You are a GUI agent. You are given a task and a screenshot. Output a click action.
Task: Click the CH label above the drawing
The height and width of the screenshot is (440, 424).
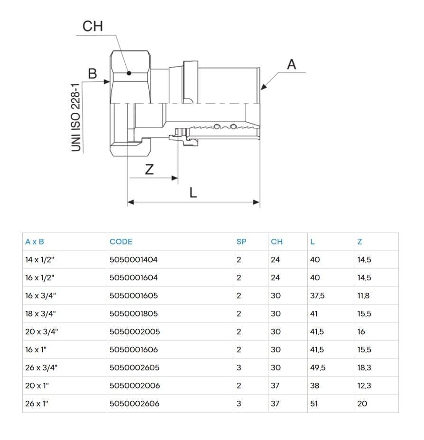pos(92,27)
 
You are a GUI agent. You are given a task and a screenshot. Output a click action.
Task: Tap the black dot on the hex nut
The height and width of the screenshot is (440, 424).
pos(129,73)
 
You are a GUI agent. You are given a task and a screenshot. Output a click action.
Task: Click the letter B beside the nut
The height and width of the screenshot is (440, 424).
pos(92,73)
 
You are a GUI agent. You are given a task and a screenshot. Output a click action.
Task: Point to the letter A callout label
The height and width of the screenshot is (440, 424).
pos(291,64)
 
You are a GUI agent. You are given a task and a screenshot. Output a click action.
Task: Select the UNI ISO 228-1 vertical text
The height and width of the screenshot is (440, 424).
pos(76,117)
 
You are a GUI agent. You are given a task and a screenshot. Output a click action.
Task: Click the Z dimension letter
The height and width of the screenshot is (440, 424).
pos(149,169)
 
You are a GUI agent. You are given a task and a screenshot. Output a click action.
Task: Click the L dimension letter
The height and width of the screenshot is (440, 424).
pos(193,192)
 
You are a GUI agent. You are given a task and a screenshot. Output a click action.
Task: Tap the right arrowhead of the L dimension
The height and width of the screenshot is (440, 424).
pos(256,202)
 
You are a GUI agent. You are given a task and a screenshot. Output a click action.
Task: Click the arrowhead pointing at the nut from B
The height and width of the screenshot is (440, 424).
pos(107,81)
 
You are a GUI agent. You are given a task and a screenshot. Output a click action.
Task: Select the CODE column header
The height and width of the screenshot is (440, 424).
pos(121,242)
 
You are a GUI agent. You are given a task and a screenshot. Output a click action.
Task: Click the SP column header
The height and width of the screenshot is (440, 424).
pos(241,242)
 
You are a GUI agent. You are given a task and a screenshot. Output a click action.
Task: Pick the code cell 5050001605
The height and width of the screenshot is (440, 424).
pos(134,296)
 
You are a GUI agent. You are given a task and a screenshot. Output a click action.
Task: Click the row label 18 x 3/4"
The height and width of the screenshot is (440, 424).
pos(40,314)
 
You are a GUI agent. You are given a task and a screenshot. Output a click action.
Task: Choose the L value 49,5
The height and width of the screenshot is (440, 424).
pos(318,368)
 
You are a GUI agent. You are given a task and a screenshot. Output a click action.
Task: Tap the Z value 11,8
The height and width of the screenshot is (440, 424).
pos(363,296)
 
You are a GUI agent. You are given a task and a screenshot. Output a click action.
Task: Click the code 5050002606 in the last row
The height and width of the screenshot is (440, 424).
pos(135,404)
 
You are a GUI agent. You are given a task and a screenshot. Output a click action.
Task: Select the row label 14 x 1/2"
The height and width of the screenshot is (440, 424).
pos(39,260)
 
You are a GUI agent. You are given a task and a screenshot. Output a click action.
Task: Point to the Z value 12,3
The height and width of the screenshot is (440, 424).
pos(364,386)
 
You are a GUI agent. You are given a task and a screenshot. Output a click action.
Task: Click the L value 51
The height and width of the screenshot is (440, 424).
pos(314,404)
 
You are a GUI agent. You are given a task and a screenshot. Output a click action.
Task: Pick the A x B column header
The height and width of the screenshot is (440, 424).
pos(35,242)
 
